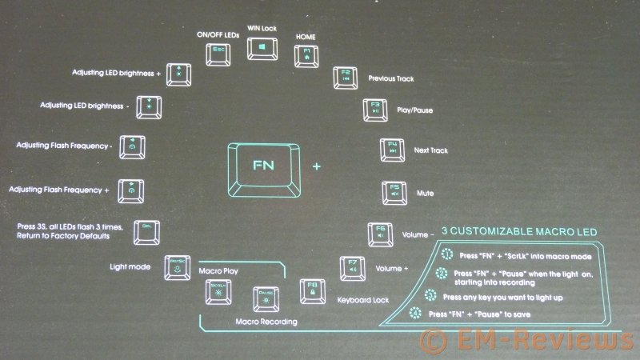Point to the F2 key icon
[x=346, y=78]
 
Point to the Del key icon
[x=146, y=231]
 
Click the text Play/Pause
[x=414, y=110]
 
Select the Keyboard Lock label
[x=364, y=302]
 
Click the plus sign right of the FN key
[x=317, y=167]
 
